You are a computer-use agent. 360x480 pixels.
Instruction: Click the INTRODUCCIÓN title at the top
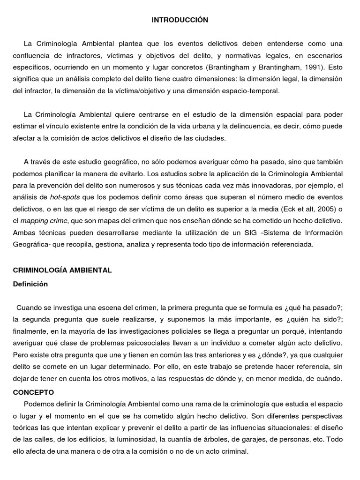[x=180, y=20]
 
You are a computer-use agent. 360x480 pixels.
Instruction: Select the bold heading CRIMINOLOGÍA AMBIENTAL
[x=62, y=270]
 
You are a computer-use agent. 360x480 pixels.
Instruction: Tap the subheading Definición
[x=30, y=284]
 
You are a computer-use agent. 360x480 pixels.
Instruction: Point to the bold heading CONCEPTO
[x=34, y=392]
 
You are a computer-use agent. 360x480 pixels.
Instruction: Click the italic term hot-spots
[x=64, y=197]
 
